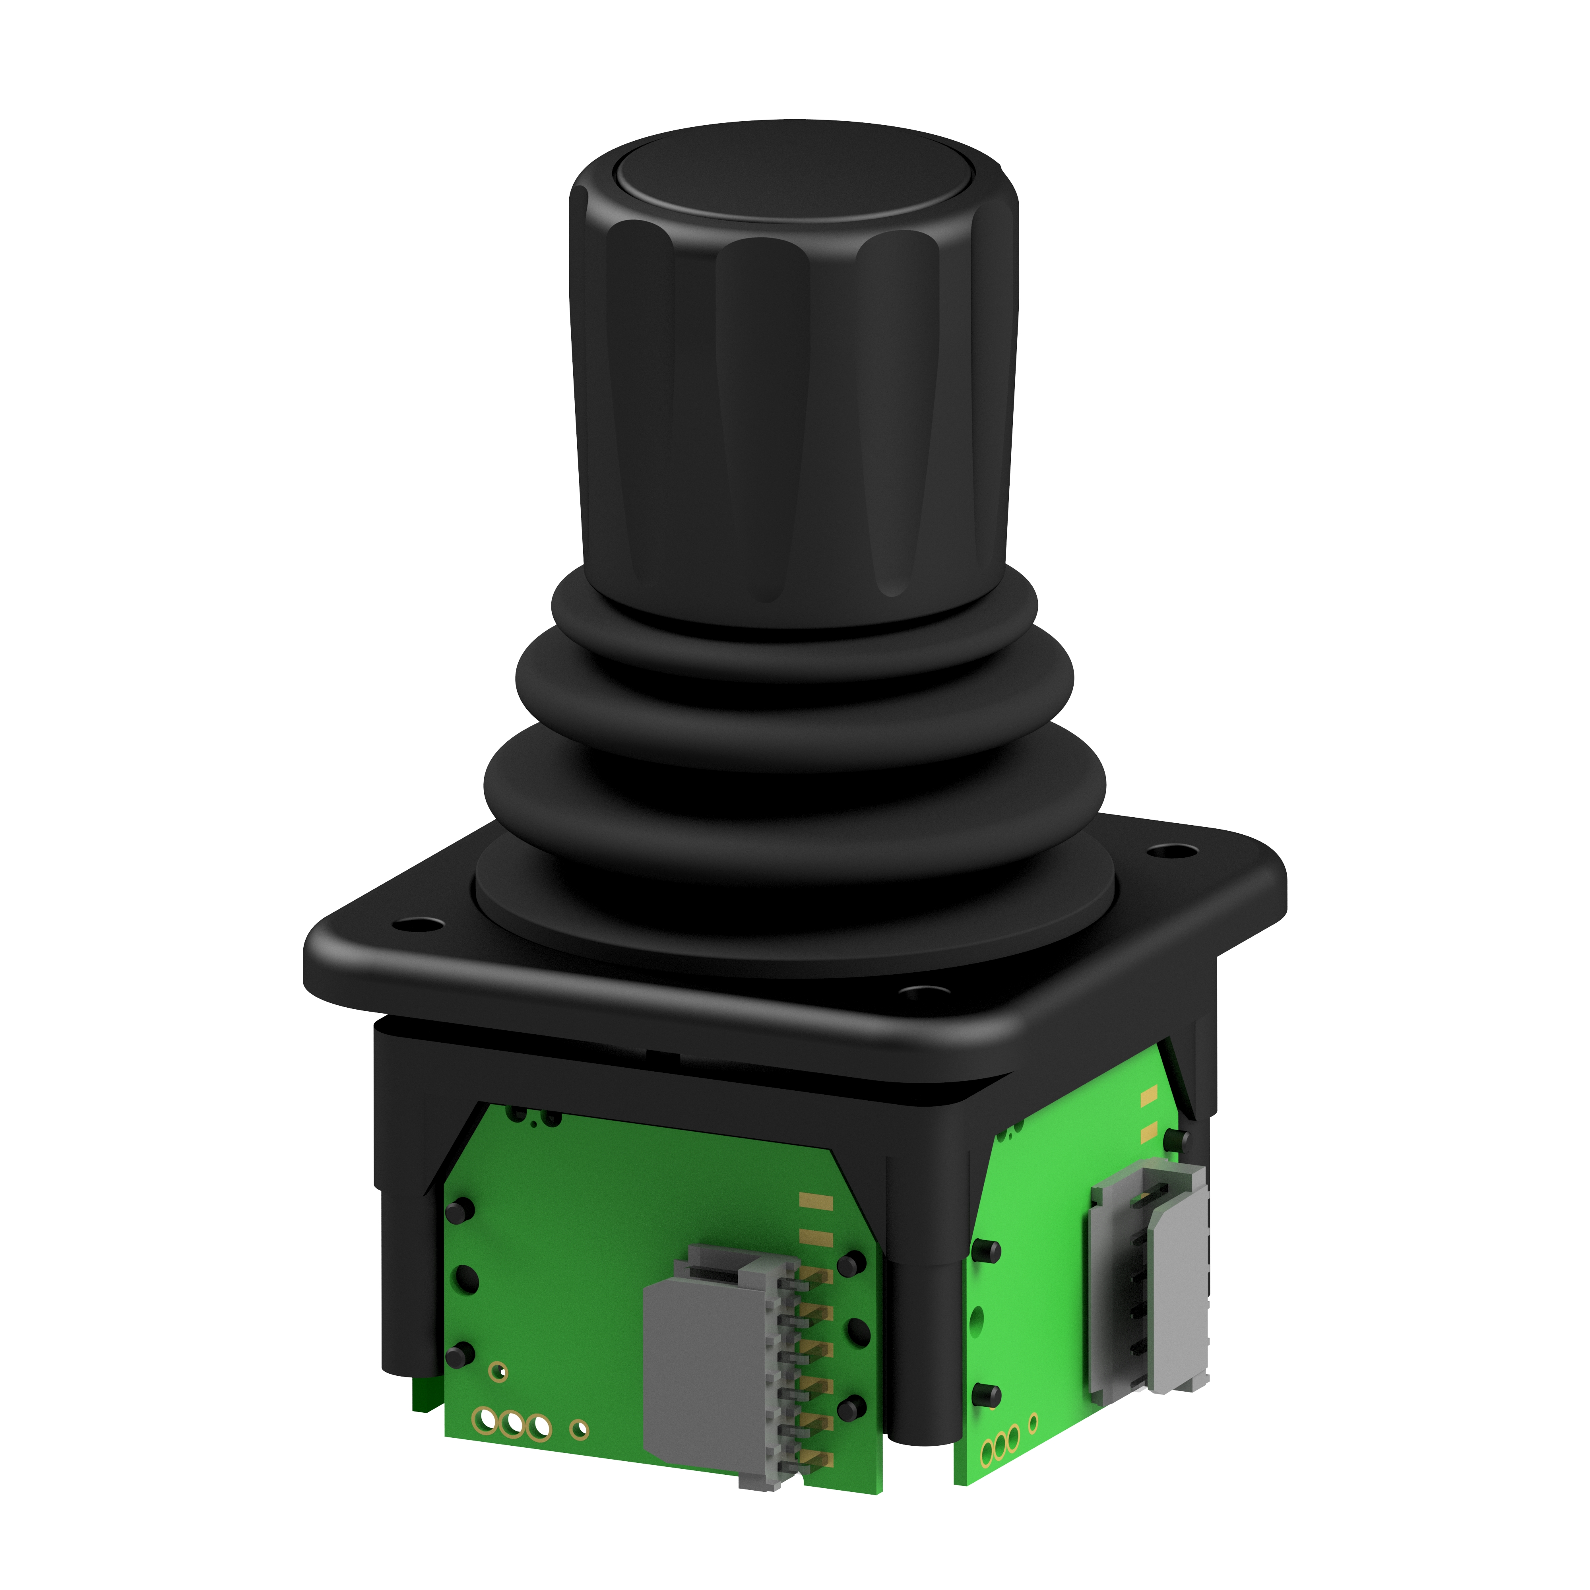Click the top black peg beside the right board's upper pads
coord(1177,1139)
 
